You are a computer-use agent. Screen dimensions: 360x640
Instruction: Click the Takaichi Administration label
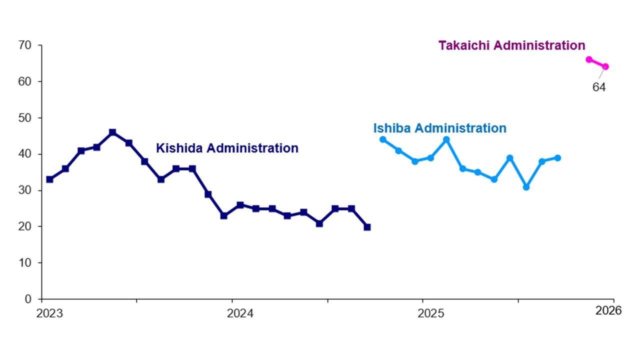[511, 45]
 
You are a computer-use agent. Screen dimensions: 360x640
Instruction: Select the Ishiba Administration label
[439, 128]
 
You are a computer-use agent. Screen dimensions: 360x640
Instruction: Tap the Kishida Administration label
[227, 148]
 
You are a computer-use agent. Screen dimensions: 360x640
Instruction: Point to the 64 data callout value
[599, 87]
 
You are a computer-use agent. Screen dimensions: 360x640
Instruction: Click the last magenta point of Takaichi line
[605, 66]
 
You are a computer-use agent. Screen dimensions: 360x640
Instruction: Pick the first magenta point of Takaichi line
[589, 59]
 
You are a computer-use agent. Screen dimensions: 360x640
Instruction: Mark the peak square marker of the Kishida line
[112, 132]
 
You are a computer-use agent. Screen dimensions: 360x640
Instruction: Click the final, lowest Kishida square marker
[367, 227]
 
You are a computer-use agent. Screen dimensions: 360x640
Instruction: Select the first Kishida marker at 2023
[49, 179]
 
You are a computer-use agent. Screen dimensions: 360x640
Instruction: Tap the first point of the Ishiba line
[383, 139]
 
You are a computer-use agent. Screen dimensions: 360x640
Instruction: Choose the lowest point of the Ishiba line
[526, 187]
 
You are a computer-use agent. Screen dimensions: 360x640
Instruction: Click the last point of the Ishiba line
[557, 158]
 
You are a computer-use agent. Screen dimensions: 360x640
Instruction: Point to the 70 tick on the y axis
[25, 45]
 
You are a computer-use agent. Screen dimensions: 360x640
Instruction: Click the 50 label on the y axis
[25, 118]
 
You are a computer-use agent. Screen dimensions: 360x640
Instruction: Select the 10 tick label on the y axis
[25, 263]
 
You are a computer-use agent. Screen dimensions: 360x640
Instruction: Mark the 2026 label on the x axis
[608, 310]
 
